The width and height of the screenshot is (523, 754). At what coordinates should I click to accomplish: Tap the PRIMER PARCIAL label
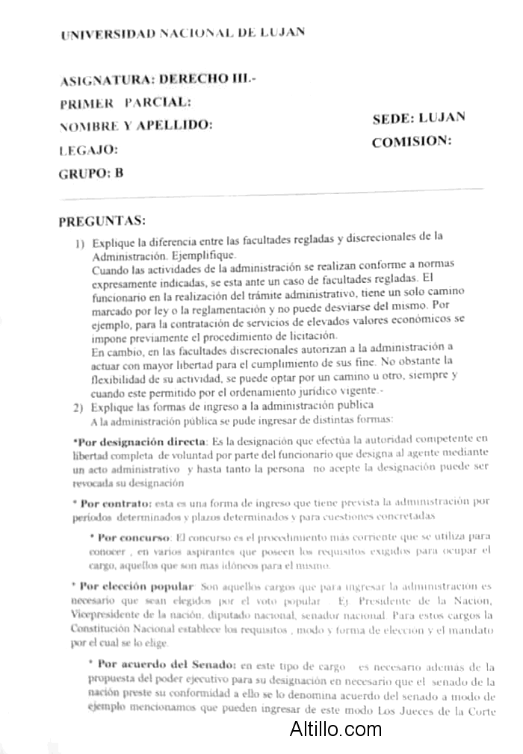pyautogui.click(x=125, y=102)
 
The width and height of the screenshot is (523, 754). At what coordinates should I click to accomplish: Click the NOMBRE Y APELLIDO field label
pyautogui.click(x=135, y=125)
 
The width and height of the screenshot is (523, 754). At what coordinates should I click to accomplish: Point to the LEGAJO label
pyautogui.click(x=88, y=149)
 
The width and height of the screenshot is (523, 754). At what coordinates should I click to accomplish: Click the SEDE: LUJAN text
pyautogui.click(x=418, y=118)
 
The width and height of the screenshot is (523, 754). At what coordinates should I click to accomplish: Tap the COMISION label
pyautogui.click(x=412, y=141)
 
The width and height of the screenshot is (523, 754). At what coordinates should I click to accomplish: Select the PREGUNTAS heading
pyautogui.click(x=102, y=221)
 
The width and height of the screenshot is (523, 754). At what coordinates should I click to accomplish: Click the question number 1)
pyautogui.click(x=78, y=243)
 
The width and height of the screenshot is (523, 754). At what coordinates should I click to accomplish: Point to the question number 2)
pyautogui.click(x=78, y=408)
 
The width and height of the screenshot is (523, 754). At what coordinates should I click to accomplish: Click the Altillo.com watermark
pyautogui.click(x=335, y=729)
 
